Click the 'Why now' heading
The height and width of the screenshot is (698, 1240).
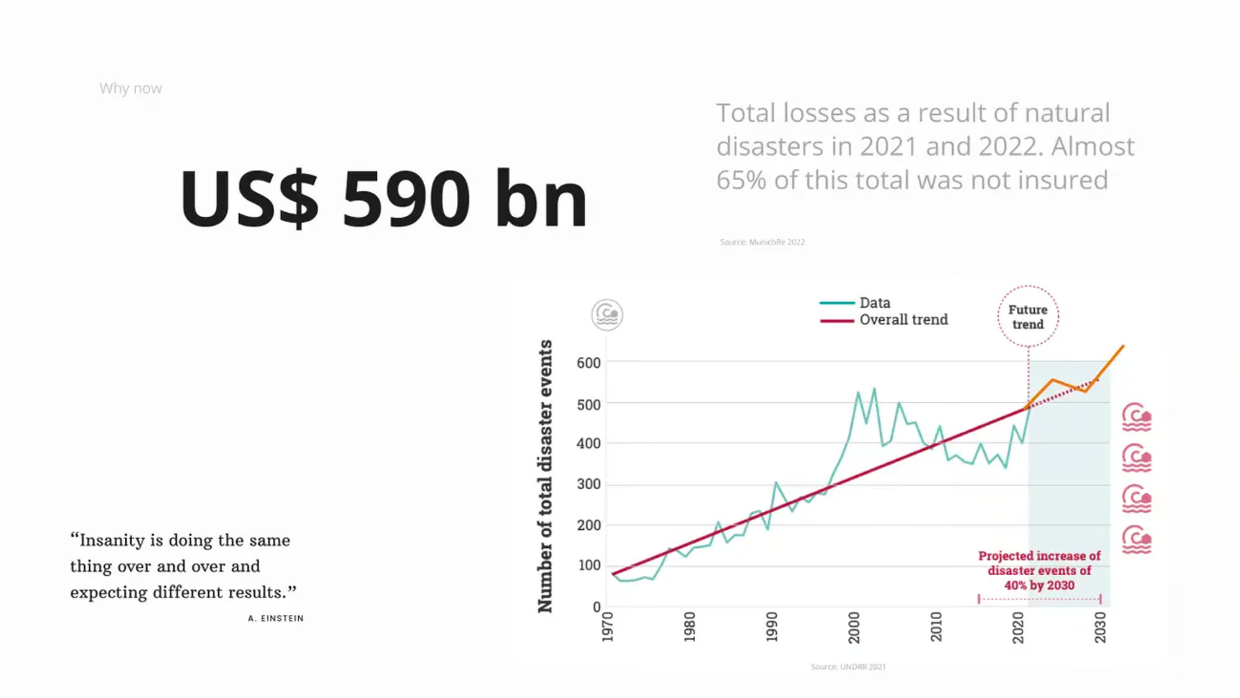point(131,89)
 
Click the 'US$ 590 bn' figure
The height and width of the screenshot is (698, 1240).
point(384,199)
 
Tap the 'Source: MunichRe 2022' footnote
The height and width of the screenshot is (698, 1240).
point(762,242)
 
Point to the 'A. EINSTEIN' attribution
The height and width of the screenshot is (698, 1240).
point(276,619)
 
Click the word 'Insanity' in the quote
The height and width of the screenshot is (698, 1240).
point(112,540)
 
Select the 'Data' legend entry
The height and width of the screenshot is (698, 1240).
point(875,303)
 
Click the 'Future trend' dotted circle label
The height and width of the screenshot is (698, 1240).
point(1028,316)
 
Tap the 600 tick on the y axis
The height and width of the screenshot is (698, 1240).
point(588,363)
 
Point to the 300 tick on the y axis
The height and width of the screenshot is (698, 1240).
point(588,484)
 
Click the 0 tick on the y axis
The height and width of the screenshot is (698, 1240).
point(596,607)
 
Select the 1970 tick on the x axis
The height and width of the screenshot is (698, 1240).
point(608,627)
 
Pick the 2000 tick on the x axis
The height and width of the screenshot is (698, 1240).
point(854,627)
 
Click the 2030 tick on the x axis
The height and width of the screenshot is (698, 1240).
point(1100,627)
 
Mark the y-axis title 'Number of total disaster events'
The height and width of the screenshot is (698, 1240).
point(545,477)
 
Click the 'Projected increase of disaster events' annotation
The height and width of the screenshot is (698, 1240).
point(1040,571)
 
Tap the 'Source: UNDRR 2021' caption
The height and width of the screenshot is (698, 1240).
point(848,667)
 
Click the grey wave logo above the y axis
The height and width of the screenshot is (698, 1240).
point(607,315)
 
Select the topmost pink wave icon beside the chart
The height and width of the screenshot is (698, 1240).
point(1136,417)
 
